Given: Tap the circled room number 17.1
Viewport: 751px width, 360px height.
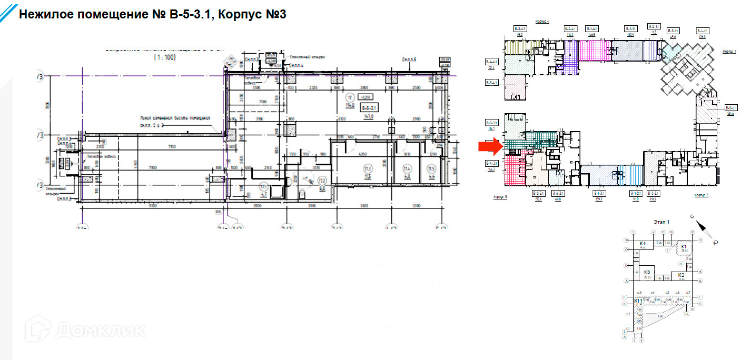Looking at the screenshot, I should pos(264,186).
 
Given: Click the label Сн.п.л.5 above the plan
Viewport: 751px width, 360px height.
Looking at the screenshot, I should pos(409,61).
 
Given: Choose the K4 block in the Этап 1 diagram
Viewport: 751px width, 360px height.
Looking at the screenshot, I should pos(643,244).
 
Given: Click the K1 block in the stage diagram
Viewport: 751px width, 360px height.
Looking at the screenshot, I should pos(684,247).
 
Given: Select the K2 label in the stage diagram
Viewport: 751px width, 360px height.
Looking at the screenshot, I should pos(681,275).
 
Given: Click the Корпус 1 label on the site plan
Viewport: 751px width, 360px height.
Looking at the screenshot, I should pos(728,52).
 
